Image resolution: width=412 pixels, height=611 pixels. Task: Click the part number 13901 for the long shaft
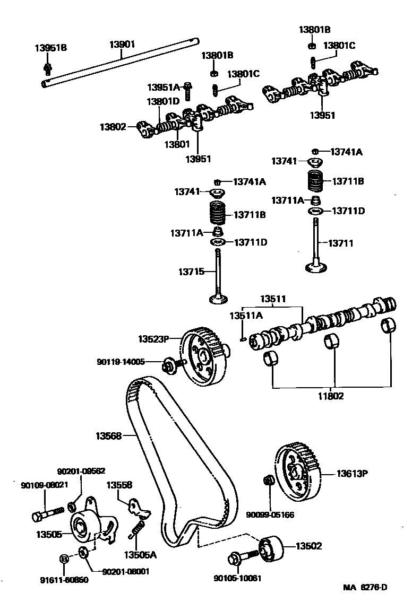[x=123, y=45]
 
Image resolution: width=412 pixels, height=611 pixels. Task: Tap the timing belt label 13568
[x=109, y=436]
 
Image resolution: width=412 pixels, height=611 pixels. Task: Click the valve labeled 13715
[x=218, y=276]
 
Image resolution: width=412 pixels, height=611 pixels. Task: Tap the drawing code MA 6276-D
[x=365, y=587]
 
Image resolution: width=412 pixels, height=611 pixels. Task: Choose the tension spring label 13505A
[x=140, y=555]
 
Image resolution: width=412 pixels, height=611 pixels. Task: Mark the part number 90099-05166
[x=270, y=514]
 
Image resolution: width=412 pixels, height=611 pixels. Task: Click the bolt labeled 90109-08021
[x=45, y=514]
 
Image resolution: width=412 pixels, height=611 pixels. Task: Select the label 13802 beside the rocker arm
[x=113, y=127]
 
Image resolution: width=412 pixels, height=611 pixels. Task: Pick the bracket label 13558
[x=119, y=485]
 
